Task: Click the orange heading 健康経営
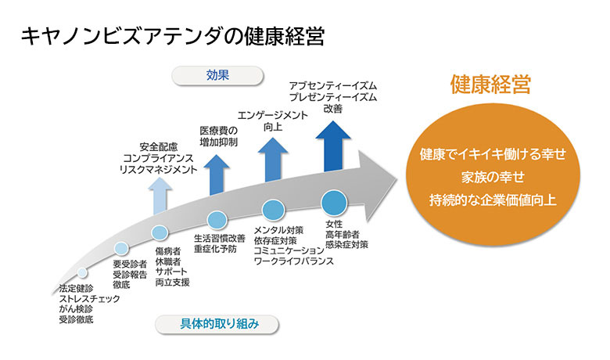point(490,85)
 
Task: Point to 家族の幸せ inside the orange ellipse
point(492,176)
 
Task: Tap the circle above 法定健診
point(81,273)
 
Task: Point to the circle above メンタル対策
point(273,211)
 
